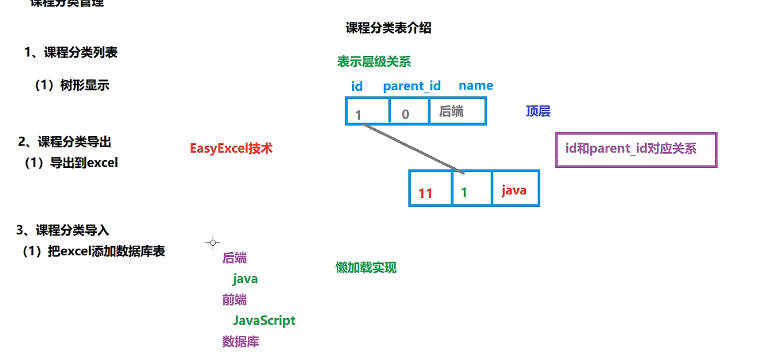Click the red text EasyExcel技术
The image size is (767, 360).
231,148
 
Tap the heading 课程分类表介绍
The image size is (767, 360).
388,28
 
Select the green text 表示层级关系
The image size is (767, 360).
373,62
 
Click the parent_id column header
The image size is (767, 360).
411,86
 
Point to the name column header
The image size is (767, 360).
475,85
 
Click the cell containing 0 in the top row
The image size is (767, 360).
409,112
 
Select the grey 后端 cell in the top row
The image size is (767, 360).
457,111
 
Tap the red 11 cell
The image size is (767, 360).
430,189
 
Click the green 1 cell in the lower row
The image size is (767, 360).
471,189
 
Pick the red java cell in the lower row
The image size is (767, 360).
515,189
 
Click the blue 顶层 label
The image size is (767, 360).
538,111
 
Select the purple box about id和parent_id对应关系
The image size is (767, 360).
636,150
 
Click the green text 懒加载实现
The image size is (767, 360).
366,267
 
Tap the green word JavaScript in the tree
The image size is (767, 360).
264,321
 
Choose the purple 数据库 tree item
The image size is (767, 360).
240,342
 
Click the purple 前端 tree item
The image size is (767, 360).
234,299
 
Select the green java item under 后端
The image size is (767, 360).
245,279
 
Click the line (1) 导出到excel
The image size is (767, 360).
71,163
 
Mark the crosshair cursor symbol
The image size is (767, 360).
213,242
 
